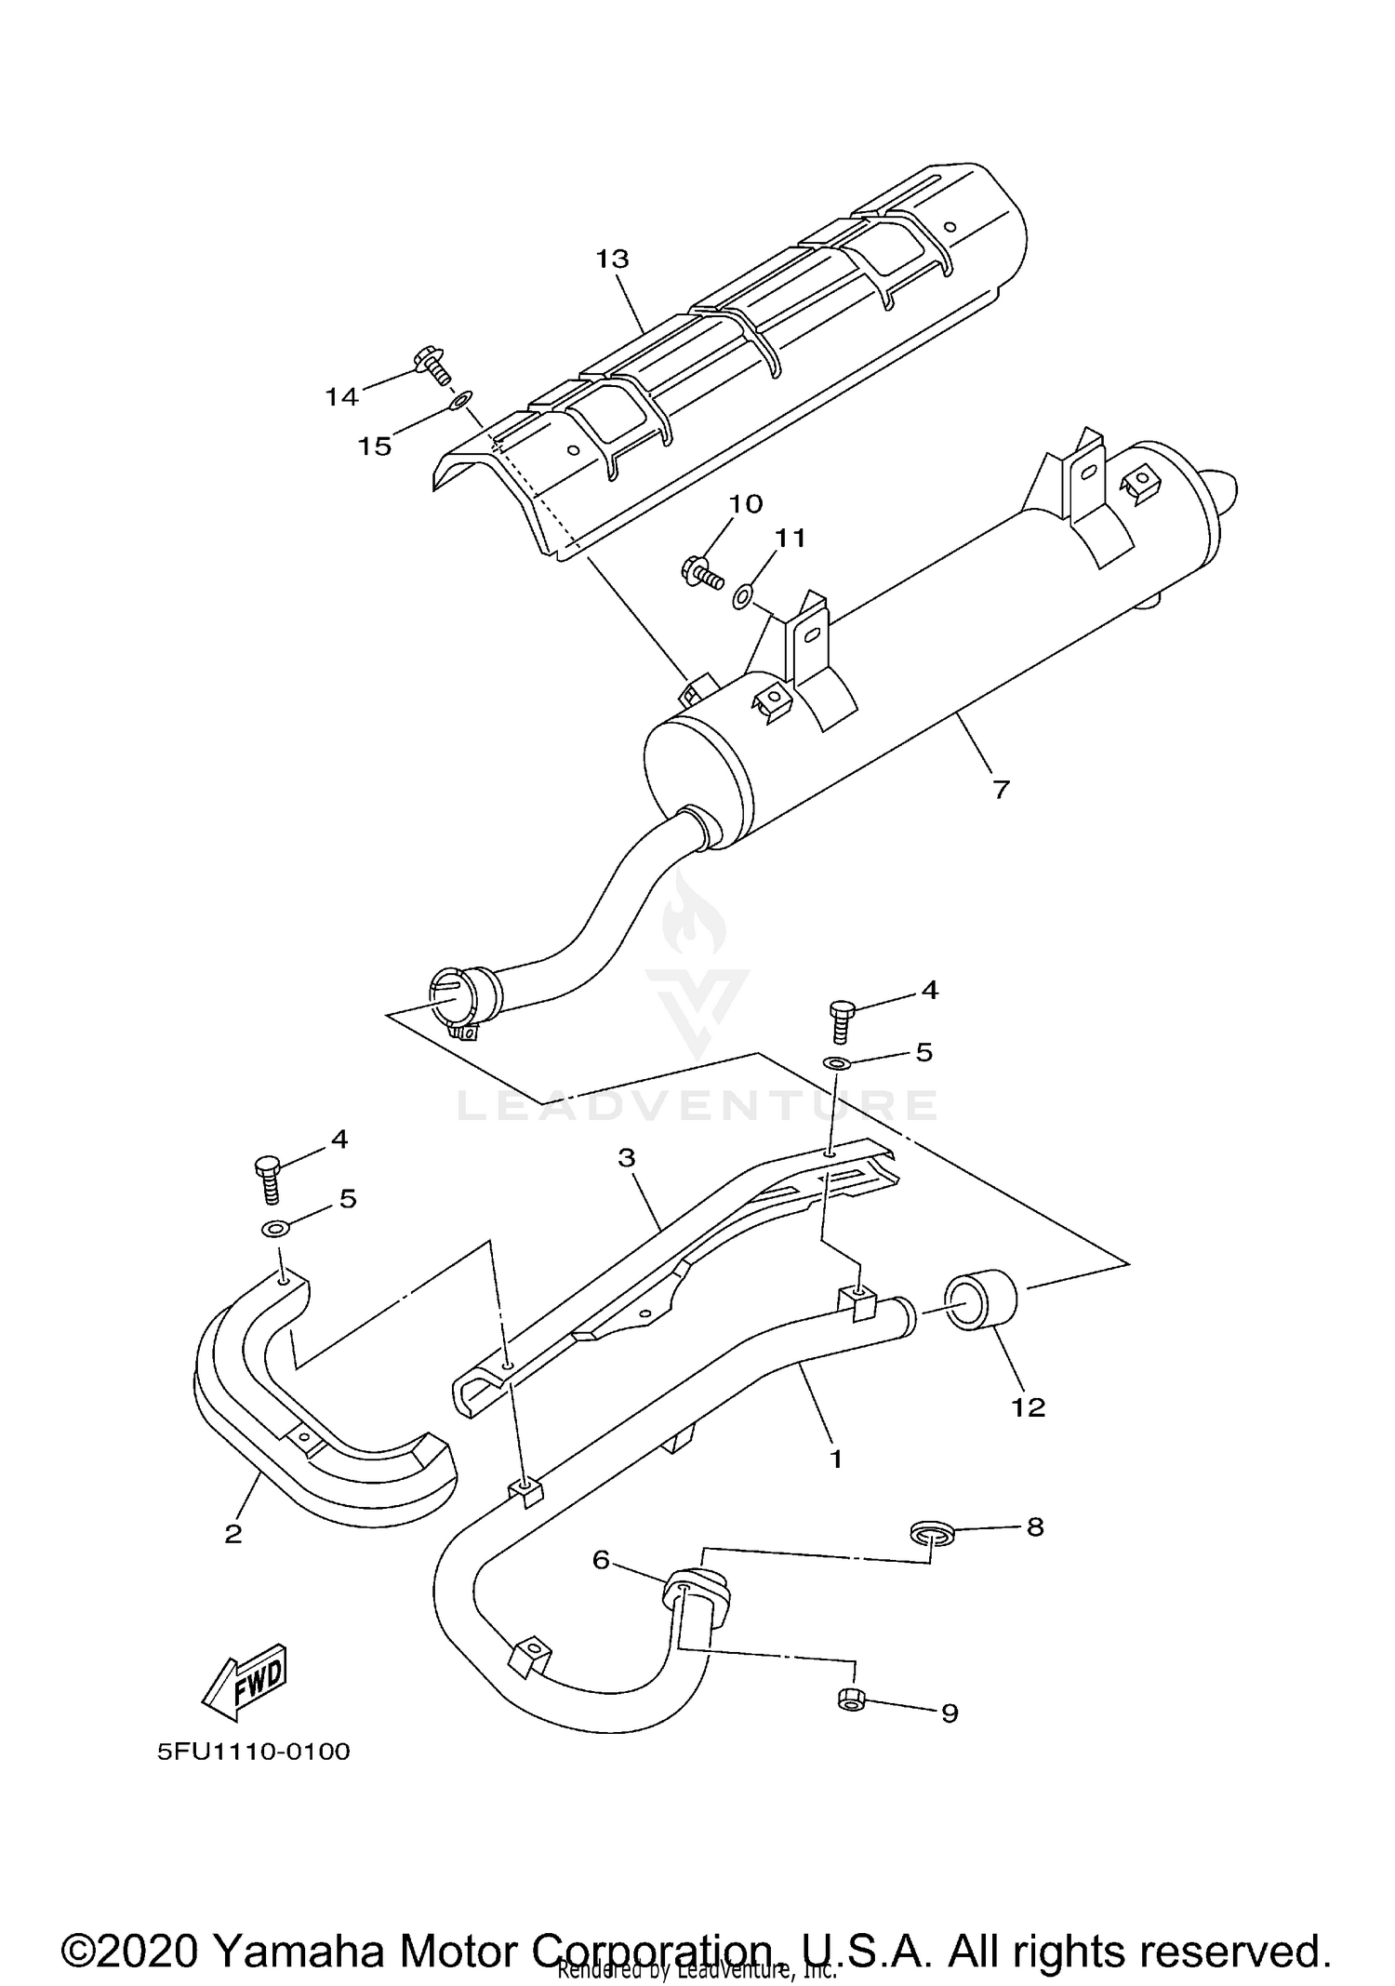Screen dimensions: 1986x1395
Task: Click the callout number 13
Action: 612,259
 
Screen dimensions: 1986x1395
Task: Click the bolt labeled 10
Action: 703,571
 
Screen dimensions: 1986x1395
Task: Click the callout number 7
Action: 1000,790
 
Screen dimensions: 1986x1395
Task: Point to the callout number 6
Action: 601,1560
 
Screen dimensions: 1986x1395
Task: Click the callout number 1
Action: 835,1459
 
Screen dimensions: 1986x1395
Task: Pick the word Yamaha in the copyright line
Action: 299,1925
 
